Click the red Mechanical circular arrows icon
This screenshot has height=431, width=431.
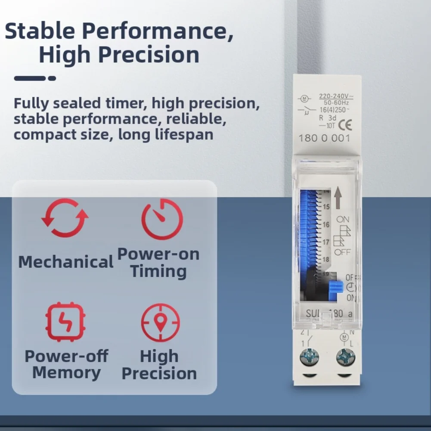click(65, 218)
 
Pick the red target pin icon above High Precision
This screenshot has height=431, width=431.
click(161, 322)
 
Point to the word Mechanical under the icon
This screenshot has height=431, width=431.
click(66, 262)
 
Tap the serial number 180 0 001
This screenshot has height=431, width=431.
click(325, 139)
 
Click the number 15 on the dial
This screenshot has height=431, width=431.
click(326, 207)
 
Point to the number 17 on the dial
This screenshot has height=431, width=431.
click(326, 242)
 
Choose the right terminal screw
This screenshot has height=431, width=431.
click(345, 357)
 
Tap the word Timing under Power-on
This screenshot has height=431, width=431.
click(159, 272)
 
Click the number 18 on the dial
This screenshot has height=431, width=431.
click(326, 260)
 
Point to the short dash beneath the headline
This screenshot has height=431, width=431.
click(52, 78)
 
